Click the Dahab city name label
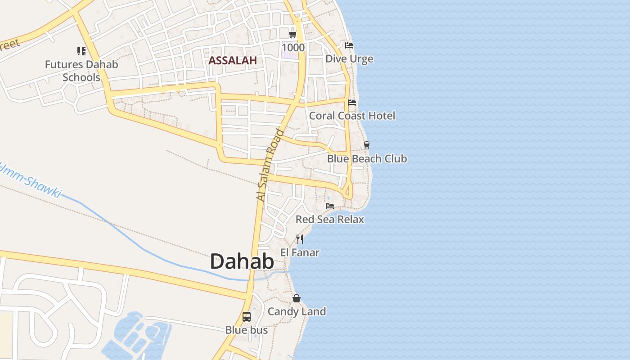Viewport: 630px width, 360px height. (242, 261)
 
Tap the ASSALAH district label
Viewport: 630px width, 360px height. (232, 60)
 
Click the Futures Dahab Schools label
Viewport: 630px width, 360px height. (81, 71)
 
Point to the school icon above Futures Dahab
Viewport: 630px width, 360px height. (81, 51)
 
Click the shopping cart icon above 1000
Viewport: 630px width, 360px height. (293, 35)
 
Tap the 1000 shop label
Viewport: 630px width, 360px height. (293, 47)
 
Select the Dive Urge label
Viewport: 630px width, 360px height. (349, 59)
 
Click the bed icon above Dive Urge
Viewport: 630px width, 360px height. (349, 45)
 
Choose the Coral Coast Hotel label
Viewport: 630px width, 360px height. (352, 116)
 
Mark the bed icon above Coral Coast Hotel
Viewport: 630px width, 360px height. (352, 103)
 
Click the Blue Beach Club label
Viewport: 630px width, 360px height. (367, 158)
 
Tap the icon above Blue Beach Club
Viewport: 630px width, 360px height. (367, 145)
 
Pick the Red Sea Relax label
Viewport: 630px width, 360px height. (330, 219)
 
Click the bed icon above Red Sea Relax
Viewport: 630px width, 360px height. (330, 206)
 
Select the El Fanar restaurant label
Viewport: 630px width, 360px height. (300, 252)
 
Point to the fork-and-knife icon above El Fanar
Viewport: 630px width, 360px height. (300, 239)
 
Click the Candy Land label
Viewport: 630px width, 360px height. (297, 311)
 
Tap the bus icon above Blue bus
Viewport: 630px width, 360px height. (247, 316)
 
